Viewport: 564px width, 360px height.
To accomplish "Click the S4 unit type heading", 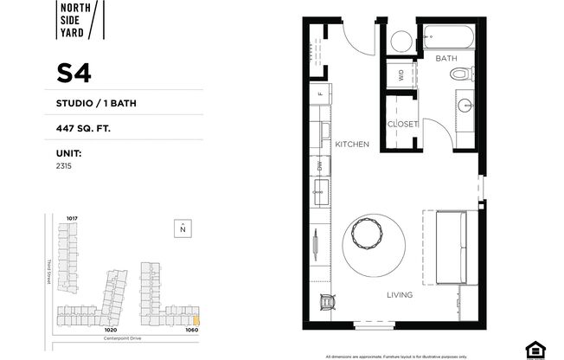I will click(x=74, y=74).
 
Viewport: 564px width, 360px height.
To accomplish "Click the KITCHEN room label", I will click(x=353, y=144).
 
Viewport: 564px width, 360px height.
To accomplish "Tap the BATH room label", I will click(x=445, y=58).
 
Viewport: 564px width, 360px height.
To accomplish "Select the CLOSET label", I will click(x=402, y=124).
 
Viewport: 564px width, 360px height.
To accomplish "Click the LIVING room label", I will click(x=400, y=295).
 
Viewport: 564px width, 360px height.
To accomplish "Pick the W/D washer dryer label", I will click(x=401, y=75).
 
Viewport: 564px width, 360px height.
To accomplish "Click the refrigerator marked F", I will click(x=320, y=93).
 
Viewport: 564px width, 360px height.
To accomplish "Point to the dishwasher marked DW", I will click(x=319, y=164).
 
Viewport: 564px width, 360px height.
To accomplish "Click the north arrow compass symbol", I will click(x=182, y=229).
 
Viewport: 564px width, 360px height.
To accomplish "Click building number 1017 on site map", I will click(x=73, y=217).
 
